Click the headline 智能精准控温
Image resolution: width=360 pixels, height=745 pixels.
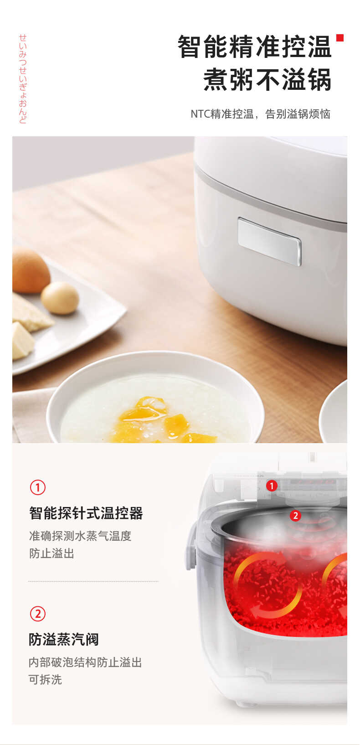(254, 47)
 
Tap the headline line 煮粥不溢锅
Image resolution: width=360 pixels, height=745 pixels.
(267, 80)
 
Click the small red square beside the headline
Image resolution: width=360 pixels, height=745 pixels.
(339, 38)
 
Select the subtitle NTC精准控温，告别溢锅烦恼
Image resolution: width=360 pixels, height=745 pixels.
(260, 114)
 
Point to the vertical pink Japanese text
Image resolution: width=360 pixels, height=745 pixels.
(23, 78)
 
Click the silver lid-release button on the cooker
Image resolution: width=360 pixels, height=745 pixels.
(269, 241)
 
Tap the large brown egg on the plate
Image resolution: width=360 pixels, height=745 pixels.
(31, 271)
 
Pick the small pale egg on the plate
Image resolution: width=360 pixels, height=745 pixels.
(60, 298)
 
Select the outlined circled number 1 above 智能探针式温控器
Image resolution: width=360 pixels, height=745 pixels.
(38, 487)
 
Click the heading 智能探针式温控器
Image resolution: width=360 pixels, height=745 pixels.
(86, 513)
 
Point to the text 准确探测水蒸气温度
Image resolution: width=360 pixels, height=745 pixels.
(80, 536)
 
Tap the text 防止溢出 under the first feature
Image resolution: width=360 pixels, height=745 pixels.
(51, 554)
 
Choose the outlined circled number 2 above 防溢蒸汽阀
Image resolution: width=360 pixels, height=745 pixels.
(38, 614)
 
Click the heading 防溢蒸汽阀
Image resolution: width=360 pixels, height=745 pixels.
(64, 640)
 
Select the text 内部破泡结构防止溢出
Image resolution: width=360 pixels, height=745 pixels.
(85, 662)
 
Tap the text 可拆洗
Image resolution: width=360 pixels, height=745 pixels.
(45, 680)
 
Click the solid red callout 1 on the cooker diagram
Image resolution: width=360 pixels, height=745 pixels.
(272, 486)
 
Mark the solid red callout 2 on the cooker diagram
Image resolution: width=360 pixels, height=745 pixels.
(296, 516)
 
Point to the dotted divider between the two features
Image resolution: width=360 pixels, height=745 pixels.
(93, 581)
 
